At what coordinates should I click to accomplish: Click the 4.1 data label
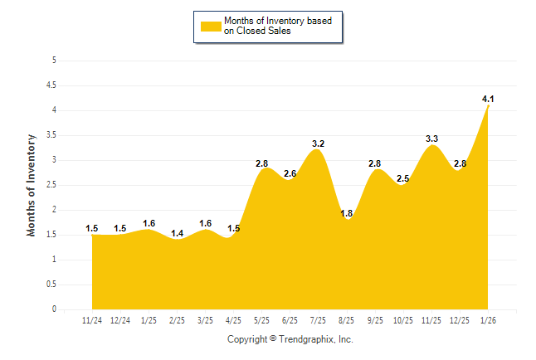pyautogui.click(x=488, y=100)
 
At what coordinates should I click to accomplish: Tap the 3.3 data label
pyautogui.click(x=431, y=139)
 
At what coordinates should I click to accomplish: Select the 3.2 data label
pyautogui.click(x=318, y=144)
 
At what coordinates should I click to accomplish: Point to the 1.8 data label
pyautogui.click(x=347, y=214)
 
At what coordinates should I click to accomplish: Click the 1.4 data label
pyautogui.click(x=177, y=234)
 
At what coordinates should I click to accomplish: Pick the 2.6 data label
pyautogui.click(x=290, y=173)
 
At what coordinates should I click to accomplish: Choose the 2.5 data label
pyautogui.click(x=403, y=178)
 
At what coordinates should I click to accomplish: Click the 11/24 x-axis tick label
pyautogui.click(x=91, y=319)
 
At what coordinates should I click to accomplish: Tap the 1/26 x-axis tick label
pyautogui.click(x=488, y=319)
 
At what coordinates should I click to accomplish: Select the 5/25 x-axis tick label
pyautogui.click(x=261, y=319)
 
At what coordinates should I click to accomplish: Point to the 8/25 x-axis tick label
pyautogui.click(x=347, y=319)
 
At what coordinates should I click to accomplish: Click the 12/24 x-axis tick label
pyautogui.click(x=119, y=319)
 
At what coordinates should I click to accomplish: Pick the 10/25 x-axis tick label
pyautogui.click(x=403, y=319)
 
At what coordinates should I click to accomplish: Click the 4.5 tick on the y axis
pyautogui.click(x=51, y=85)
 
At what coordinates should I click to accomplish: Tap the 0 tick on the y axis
pyautogui.click(x=54, y=309)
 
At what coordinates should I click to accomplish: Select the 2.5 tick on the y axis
pyautogui.click(x=51, y=185)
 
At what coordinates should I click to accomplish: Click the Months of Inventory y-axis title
pyautogui.click(x=32, y=185)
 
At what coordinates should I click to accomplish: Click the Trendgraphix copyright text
pyautogui.click(x=290, y=339)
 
